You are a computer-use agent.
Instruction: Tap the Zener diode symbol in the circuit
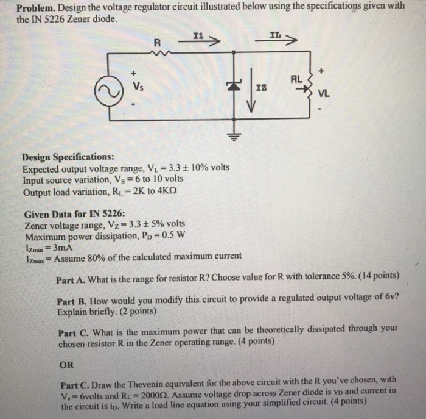point(232,88)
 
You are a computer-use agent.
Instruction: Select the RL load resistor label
point(296,78)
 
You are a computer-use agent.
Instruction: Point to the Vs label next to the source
point(141,87)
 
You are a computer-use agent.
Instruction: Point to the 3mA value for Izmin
point(61,245)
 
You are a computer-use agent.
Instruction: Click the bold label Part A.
point(73,276)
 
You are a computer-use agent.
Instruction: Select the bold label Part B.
point(73,301)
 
